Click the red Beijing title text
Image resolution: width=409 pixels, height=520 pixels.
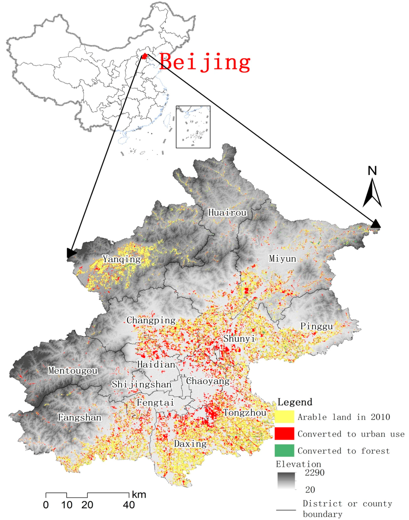point(205,63)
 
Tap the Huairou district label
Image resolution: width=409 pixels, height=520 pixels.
point(227,213)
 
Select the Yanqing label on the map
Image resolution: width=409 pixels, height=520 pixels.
point(122,259)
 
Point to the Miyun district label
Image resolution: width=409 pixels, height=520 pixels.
point(282,259)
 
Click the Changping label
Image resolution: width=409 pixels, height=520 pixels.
point(151,320)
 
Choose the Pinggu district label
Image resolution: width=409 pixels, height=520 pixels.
point(316,326)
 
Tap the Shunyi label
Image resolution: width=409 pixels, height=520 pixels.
point(239,339)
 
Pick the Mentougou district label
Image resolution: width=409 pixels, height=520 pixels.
point(73,371)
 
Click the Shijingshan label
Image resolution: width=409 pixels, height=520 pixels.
point(141,384)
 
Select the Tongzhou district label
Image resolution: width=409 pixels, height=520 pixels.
point(244,413)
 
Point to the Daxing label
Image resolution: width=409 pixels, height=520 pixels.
point(190,444)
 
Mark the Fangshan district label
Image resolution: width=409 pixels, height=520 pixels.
point(79,418)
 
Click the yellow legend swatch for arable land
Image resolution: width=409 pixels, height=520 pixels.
point(284,417)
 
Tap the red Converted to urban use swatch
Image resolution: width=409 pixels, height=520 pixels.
point(284,434)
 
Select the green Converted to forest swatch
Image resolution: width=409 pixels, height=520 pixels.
point(284,451)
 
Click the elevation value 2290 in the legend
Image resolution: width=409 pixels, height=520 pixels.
point(314,473)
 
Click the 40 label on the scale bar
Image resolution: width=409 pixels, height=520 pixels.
point(129,505)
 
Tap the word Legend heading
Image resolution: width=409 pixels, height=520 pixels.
point(295,402)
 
